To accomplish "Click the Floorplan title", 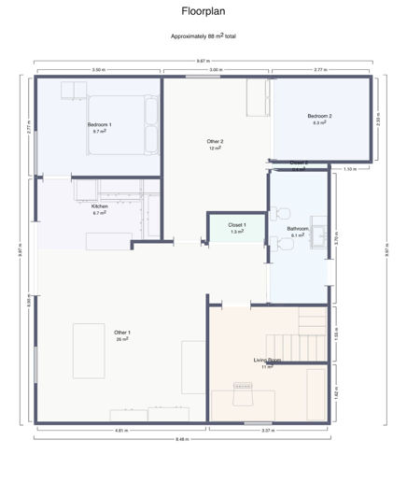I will tap(203, 12).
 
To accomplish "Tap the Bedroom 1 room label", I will tap(100, 125).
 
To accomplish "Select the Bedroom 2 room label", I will tap(320, 117).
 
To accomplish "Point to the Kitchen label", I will tap(99, 206).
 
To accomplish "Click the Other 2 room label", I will tap(216, 142).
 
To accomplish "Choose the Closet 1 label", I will tap(236, 225).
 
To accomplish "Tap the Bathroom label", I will tap(298, 230).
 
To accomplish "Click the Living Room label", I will tap(268, 361).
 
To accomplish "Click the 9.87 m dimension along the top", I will tap(203, 61).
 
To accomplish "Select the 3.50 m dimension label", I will tap(98, 70).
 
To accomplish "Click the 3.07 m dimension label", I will tap(267, 430).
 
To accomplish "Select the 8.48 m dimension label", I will tap(183, 438).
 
